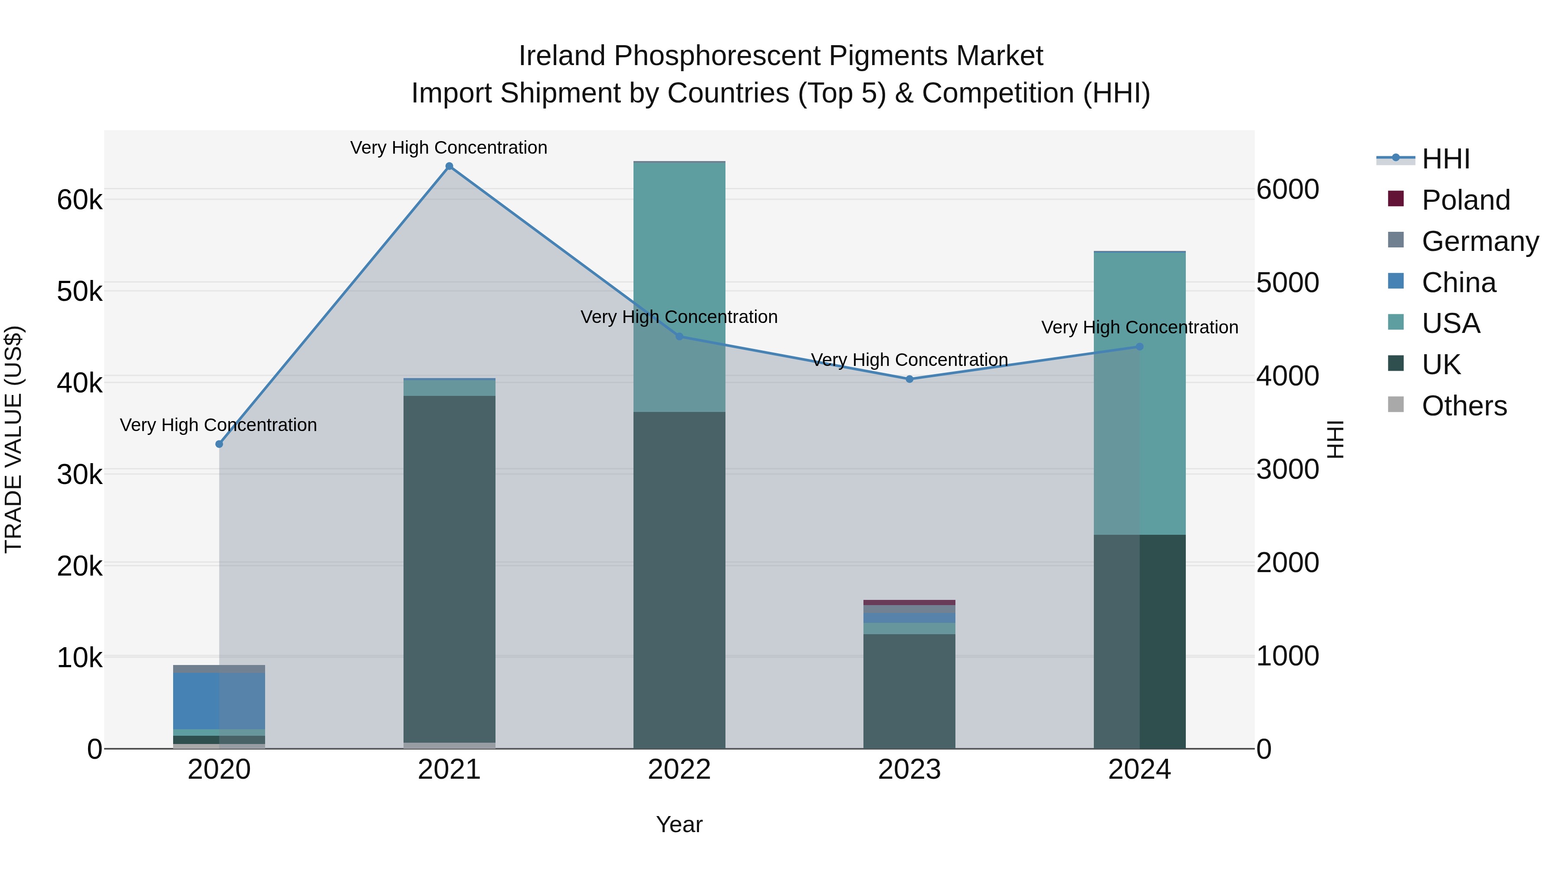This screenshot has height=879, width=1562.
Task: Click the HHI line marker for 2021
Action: pyautogui.click(x=450, y=166)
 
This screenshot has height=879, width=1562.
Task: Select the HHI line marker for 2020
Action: pyautogui.click(x=220, y=444)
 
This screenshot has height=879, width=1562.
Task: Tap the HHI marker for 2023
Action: pyautogui.click(x=909, y=379)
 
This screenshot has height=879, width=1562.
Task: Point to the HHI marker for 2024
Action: pyautogui.click(x=1139, y=347)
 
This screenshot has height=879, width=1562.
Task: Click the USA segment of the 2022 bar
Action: pyautogui.click(x=679, y=285)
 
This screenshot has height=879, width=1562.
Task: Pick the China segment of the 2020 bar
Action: pyautogui.click(x=219, y=701)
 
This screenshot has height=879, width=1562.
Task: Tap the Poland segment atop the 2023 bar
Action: pyautogui.click(x=909, y=602)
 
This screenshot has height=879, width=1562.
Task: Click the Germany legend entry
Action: pyautogui.click(x=1480, y=241)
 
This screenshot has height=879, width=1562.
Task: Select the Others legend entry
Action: pyautogui.click(x=1464, y=406)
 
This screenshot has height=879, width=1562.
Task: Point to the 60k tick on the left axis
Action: pyautogui.click(x=79, y=200)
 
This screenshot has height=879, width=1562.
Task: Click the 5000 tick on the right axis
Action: pyautogui.click(x=1287, y=283)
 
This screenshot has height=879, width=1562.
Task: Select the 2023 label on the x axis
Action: pyautogui.click(x=909, y=770)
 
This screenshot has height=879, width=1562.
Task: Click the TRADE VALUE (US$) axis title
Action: pyautogui.click(x=13, y=439)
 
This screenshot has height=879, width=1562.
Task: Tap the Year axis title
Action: pyautogui.click(x=679, y=824)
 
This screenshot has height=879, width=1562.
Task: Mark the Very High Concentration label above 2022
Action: pyautogui.click(x=679, y=317)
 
